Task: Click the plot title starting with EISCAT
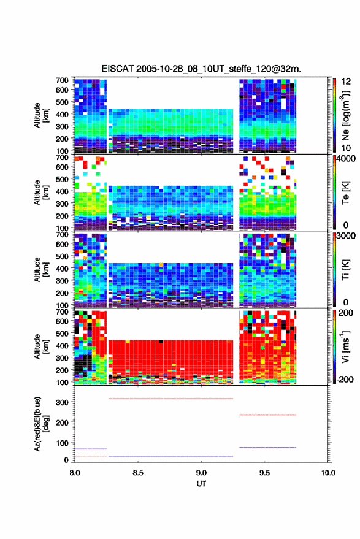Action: (201, 69)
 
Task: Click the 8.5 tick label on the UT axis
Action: (137, 473)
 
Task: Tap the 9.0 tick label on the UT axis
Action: (201, 473)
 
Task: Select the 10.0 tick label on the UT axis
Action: (328, 473)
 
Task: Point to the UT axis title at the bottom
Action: (201, 484)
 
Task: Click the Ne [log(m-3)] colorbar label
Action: (345, 115)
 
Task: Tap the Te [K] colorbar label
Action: (345, 193)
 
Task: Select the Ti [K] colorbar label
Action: (345, 270)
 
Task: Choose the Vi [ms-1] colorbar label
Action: (345, 346)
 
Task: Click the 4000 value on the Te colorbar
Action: (346, 159)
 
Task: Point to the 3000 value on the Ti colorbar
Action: (346, 236)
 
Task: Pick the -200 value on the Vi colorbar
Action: (344, 380)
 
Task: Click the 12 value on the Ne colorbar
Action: (347, 82)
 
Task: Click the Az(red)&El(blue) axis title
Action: (41, 424)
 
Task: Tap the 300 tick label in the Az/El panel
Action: (63, 402)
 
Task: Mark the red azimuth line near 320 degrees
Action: (171, 399)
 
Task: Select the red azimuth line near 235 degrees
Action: (267, 415)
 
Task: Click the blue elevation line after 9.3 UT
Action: (267, 448)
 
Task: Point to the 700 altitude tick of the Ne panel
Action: (62, 80)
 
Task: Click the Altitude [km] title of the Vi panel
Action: (41, 346)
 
